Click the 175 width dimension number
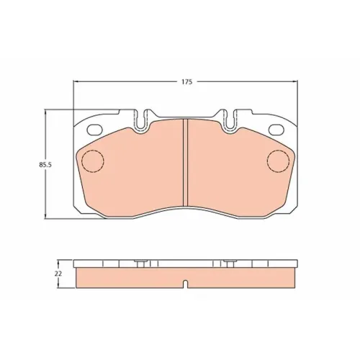point(186,82)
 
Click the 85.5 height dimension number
point(45,165)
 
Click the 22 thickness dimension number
point(58,274)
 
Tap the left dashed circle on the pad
point(93,161)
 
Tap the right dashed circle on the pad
point(278,161)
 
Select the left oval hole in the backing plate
point(94,130)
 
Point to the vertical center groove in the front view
point(185,163)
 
